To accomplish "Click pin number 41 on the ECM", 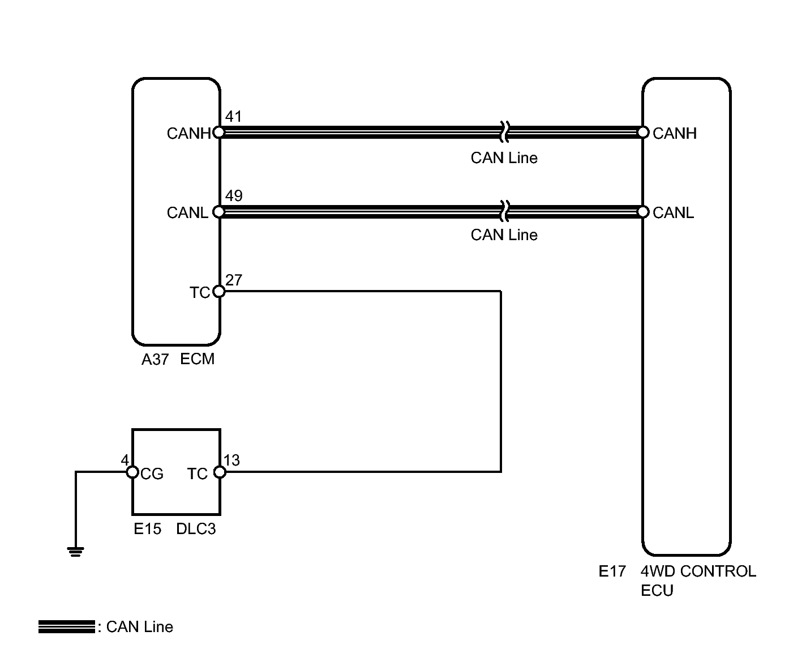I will tap(233, 117).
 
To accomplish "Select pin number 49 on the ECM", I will tap(233, 196).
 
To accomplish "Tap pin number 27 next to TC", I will tap(233, 280).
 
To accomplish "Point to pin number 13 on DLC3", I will tap(231, 460).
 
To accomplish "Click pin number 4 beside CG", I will tap(125, 460).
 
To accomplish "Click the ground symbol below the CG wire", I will tap(76, 551).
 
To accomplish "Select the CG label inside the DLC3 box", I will tap(152, 473).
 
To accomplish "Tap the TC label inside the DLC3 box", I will tap(198, 473).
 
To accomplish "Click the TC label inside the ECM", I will tap(200, 292).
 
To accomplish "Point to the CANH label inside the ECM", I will tap(188, 133).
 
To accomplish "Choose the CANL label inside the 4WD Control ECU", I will tap(673, 213).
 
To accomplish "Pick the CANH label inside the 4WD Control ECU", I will tap(674, 133).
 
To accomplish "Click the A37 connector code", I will tap(155, 359).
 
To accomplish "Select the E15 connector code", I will tap(147, 529).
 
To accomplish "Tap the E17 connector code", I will tap(612, 571).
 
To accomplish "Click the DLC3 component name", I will tap(196, 529).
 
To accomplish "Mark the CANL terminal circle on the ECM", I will tap(219, 212).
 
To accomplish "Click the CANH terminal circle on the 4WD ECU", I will tap(642, 133).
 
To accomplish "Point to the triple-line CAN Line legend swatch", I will tap(66, 626).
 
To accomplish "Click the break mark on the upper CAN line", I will tap(504, 132).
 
